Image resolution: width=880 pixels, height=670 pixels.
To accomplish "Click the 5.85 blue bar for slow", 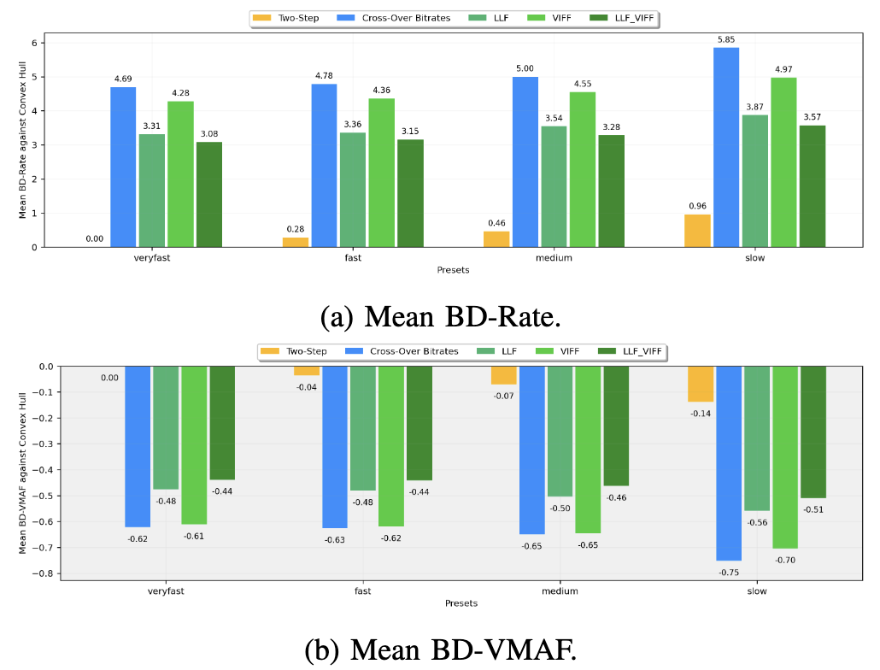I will (x=726, y=147).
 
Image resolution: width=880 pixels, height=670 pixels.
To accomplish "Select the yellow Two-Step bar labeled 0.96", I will (x=698, y=231).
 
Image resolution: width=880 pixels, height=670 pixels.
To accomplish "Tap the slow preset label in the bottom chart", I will (x=756, y=591).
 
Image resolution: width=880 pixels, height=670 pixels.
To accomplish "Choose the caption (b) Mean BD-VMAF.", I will (x=440, y=650).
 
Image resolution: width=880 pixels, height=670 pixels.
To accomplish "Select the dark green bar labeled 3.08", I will (x=209, y=194).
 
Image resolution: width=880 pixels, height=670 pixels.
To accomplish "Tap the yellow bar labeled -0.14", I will (x=701, y=384).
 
